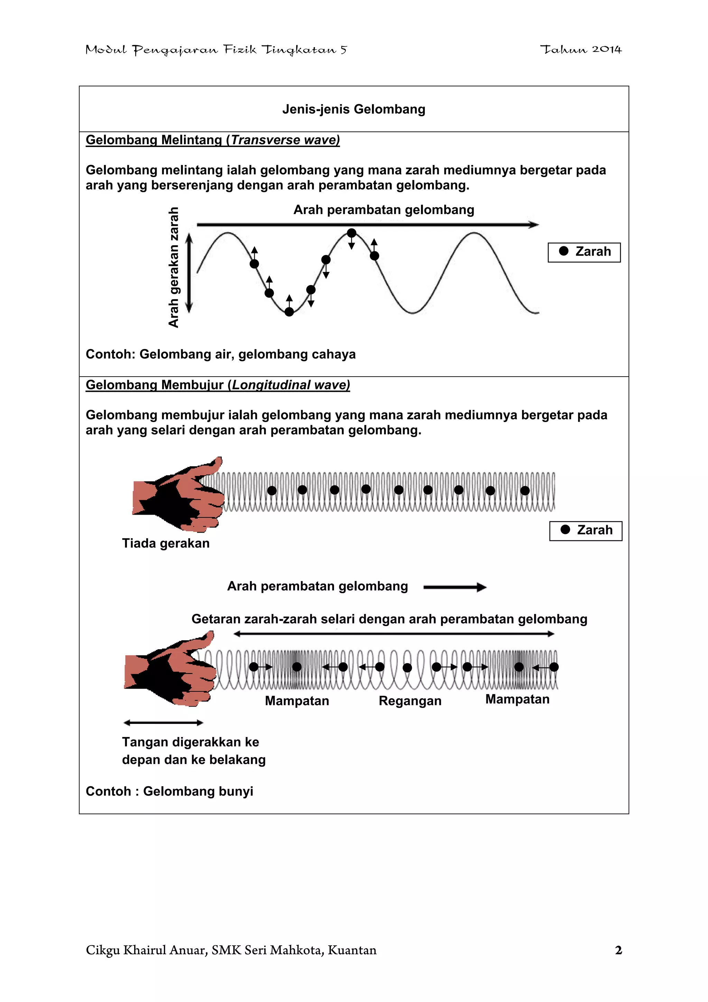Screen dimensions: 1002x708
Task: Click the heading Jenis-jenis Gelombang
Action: [x=353, y=109]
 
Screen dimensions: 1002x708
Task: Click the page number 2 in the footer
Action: [x=618, y=950]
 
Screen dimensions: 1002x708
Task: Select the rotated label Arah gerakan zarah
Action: [x=174, y=267]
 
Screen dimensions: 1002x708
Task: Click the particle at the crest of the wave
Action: [x=352, y=233]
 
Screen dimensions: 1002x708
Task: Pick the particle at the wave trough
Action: [x=289, y=312]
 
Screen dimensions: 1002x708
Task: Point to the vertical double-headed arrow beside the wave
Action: [x=189, y=273]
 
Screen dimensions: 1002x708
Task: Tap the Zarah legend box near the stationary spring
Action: [x=585, y=530]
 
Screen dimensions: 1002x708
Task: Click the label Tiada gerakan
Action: [x=166, y=543]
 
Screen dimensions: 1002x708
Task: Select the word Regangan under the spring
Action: [x=410, y=700]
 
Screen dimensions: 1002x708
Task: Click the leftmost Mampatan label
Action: [x=297, y=700]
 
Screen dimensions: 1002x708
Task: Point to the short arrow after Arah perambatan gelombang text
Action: [x=455, y=587]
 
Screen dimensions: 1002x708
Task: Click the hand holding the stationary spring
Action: [x=179, y=495]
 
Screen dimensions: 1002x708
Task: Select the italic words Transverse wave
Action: [x=285, y=140]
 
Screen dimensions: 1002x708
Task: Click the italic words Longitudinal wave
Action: [x=290, y=385]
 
